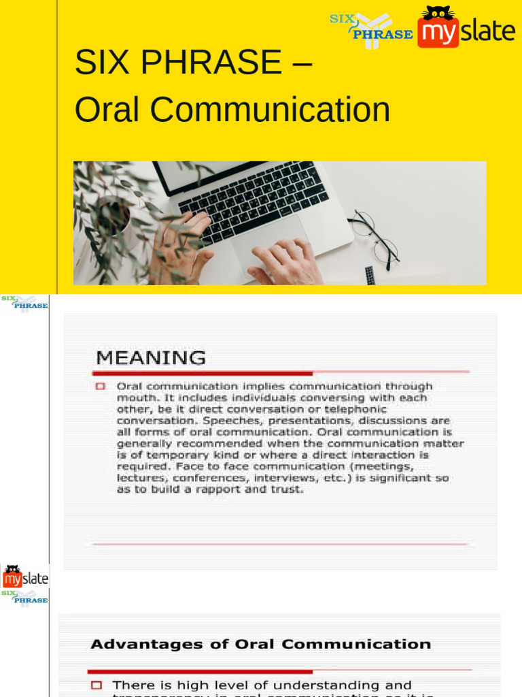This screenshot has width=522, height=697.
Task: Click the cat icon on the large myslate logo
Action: click(x=438, y=14)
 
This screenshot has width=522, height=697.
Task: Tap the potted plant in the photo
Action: click(x=109, y=211)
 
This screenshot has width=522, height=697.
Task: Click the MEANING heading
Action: click(x=150, y=357)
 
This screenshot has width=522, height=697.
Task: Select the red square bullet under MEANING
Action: click(x=101, y=386)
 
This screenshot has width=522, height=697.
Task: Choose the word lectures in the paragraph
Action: click(x=139, y=478)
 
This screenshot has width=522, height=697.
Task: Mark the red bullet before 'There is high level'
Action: click(x=97, y=685)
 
